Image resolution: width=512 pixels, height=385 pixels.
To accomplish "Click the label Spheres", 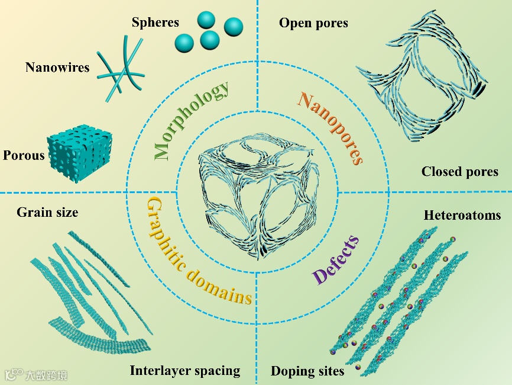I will (x=155, y=23).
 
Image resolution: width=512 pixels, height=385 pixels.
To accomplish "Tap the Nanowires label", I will (x=57, y=67).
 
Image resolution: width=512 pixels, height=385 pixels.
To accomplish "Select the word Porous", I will (x=24, y=156).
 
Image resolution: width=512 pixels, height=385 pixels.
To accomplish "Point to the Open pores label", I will (x=313, y=23).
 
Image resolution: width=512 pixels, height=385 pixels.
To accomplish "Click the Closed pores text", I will (x=459, y=172).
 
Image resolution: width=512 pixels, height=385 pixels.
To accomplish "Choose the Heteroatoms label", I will (x=462, y=215).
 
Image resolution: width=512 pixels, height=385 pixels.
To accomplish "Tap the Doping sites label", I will (x=307, y=371).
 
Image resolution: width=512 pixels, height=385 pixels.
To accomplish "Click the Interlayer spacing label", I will (x=185, y=371).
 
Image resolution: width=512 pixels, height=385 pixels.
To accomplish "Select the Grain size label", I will (x=47, y=211).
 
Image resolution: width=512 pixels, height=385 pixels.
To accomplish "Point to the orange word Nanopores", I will (x=330, y=126).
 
